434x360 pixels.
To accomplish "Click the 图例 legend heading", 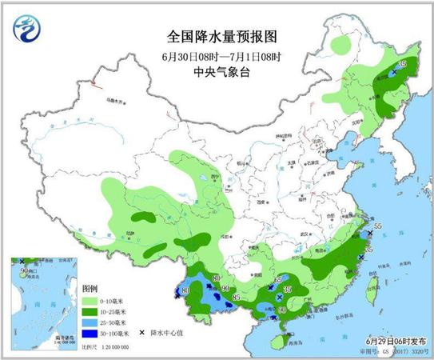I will tap(90, 286).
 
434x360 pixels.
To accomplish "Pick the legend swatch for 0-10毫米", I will tap(90, 300).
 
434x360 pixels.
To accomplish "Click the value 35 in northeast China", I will tap(401, 63).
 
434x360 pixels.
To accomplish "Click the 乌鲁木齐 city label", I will tap(115, 102).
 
